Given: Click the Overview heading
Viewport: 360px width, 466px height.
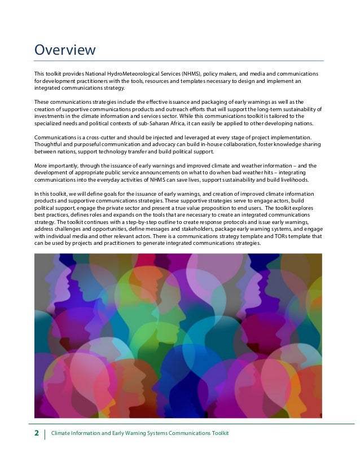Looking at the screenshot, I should pyautogui.click(x=65, y=50).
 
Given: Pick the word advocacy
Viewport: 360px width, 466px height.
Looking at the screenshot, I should pyautogui.click(x=148, y=144).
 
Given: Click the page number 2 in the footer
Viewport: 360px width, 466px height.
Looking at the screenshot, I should pyautogui.click(x=37, y=433).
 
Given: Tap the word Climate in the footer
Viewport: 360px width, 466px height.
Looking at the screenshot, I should pyautogui.click(x=61, y=433).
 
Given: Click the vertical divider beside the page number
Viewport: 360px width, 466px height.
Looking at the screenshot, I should pyautogui.click(x=45, y=433).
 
